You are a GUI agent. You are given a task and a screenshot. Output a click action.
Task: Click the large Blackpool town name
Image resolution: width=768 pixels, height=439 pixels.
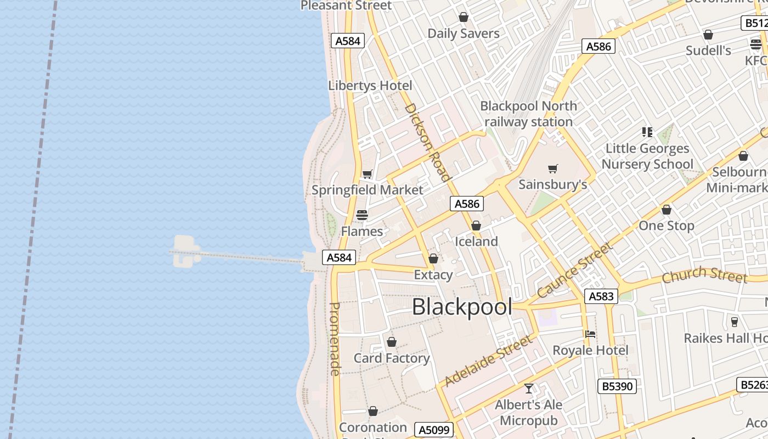click(462, 307)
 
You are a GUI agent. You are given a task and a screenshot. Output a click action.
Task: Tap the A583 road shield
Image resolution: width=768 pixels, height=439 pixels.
click(601, 296)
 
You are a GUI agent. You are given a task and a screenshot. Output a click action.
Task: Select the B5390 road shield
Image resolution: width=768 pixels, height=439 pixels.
click(617, 386)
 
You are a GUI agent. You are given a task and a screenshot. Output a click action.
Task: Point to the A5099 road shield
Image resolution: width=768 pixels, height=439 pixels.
click(434, 430)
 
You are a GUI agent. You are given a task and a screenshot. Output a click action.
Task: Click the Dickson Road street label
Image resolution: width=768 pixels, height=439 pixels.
click(427, 142)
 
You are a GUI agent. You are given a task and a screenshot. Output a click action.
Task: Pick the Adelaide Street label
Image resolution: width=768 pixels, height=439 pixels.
click(488, 361)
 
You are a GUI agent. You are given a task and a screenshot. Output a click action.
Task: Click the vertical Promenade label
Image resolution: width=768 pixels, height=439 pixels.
click(335, 339)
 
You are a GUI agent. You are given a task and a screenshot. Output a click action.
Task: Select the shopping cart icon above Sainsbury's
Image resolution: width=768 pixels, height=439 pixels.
click(552, 169)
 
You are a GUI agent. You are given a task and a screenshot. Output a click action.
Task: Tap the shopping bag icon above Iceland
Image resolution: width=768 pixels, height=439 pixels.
click(476, 226)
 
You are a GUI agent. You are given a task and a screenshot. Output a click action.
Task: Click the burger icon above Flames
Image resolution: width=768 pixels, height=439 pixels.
click(362, 215)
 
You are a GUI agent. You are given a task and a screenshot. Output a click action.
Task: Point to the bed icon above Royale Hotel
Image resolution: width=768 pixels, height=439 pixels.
click(590, 334)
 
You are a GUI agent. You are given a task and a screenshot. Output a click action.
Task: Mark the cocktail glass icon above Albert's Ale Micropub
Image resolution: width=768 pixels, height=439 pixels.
click(529, 389)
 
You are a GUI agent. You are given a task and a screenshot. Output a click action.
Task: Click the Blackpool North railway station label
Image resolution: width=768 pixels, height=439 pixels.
click(528, 114)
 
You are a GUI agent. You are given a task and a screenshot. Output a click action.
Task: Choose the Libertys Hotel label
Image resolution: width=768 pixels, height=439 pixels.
click(370, 86)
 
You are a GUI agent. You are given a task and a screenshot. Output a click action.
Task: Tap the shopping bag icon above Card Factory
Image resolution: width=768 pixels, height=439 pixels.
click(392, 342)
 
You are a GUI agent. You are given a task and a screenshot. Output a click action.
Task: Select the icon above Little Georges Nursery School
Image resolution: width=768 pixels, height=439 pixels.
click(647, 132)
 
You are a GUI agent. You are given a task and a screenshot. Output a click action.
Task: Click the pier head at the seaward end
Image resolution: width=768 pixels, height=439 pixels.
click(184, 251)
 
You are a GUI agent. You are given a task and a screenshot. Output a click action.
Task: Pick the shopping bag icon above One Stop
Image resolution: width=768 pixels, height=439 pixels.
click(667, 210)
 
